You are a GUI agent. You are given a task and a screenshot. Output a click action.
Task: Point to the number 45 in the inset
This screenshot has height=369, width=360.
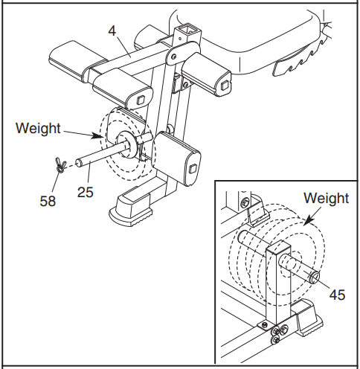pos(337,295)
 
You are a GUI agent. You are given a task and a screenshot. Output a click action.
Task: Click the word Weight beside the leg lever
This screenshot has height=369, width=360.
pos(37,128)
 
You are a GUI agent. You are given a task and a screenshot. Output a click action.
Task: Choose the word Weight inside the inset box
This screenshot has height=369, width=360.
pos(326,199)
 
